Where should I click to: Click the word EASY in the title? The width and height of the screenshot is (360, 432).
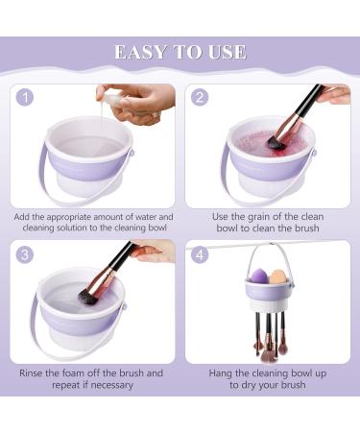(141, 52)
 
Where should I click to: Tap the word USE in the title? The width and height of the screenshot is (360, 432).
(228, 52)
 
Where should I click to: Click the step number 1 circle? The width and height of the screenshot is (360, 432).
(25, 97)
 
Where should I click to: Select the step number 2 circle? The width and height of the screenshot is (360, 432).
(200, 97)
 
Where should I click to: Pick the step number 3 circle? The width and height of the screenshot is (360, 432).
(25, 254)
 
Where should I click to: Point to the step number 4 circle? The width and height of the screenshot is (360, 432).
(200, 254)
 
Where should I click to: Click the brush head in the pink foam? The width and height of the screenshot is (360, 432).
(276, 143)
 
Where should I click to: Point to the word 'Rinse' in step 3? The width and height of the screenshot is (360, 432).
(31, 373)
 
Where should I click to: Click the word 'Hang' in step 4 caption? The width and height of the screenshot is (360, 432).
(221, 373)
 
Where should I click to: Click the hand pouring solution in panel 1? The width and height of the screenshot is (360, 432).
(141, 103)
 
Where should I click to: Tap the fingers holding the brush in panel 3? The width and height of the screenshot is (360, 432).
(154, 250)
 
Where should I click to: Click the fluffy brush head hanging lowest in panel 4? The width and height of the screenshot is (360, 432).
(268, 356)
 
